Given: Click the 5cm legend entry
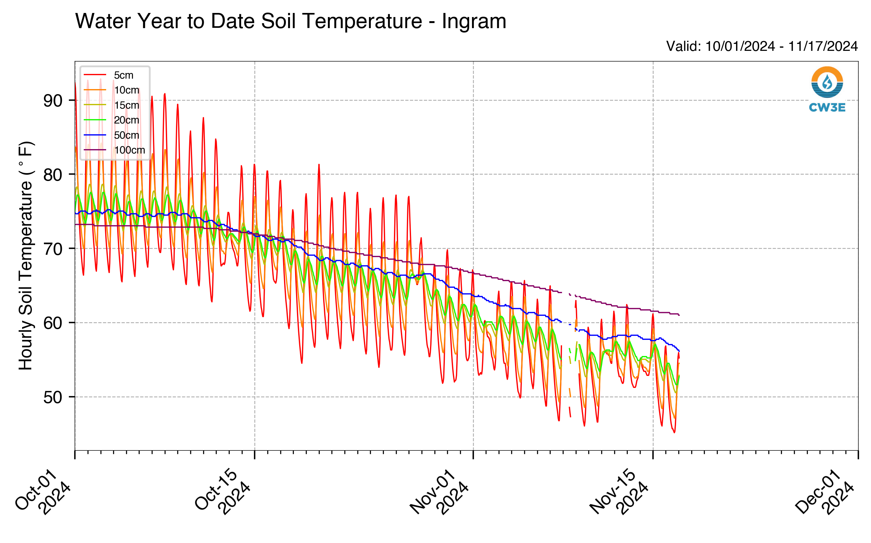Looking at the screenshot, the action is [108, 75].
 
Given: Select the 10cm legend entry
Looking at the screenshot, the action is [111, 90].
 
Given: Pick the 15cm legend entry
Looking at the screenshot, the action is [111, 105].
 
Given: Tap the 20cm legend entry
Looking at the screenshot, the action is [111, 120].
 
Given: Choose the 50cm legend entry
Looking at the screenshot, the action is [111, 135].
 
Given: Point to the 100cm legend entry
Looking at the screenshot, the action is [114, 150].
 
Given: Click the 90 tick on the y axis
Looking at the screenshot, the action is [53, 100].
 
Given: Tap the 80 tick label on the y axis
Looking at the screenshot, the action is [53, 175].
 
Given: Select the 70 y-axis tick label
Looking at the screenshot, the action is [53, 249].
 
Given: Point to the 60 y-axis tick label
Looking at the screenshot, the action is [53, 323].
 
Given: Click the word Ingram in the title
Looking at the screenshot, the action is [474, 21].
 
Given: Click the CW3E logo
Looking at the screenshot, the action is [827, 89].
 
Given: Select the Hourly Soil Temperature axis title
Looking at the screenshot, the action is [26, 256].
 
